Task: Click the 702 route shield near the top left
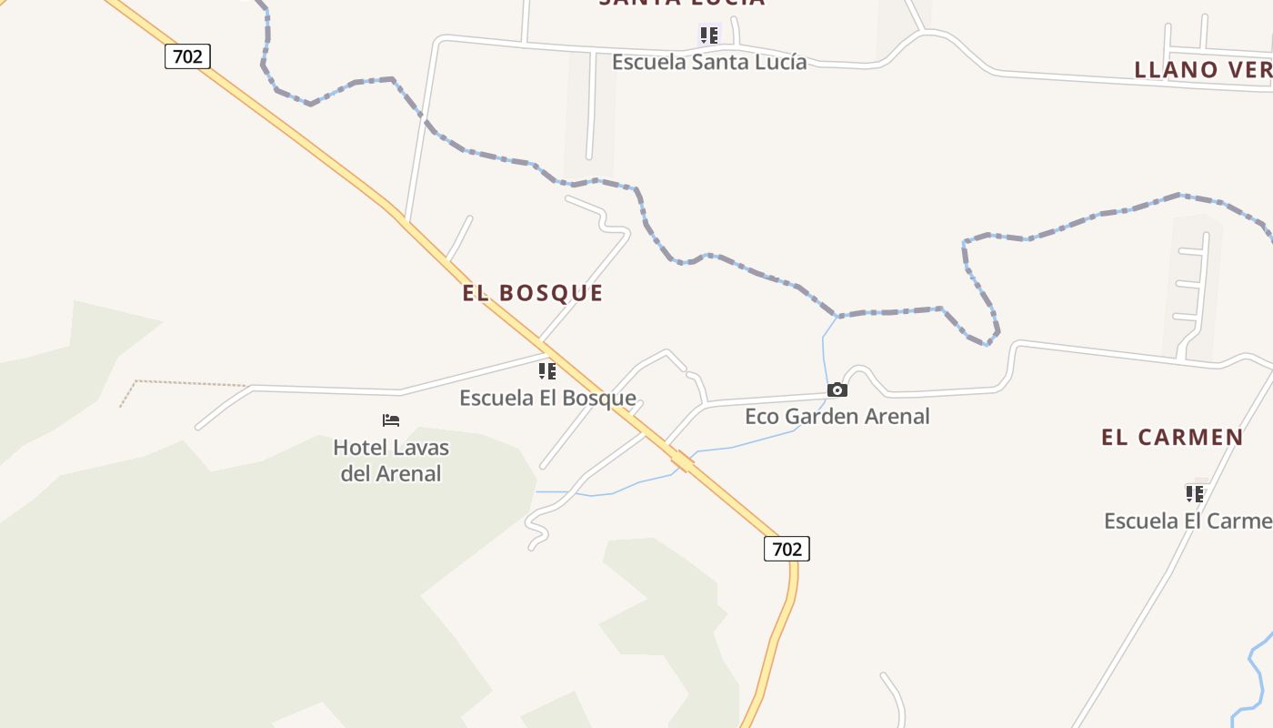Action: (187, 56)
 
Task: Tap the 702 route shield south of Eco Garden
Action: (787, 549)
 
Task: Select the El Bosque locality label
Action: (533, 293)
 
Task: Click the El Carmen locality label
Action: (1172, 438)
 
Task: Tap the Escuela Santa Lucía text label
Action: (709, 62)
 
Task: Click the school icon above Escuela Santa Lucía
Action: (708, 35)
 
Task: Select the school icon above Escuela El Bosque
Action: (546, 371)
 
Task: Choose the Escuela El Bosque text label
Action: (547, 398)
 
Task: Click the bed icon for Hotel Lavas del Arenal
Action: (391, 420)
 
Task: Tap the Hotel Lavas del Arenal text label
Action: (391, 460)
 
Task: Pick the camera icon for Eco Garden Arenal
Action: (837, 390)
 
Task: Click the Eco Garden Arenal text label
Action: (837, 417)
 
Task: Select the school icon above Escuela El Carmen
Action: (1194, 494)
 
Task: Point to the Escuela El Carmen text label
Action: (1188, 521)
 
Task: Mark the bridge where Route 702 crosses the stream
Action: (683, 461)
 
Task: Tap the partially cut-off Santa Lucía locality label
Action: (682, 3)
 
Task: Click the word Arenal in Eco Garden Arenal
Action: (897, 417)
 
